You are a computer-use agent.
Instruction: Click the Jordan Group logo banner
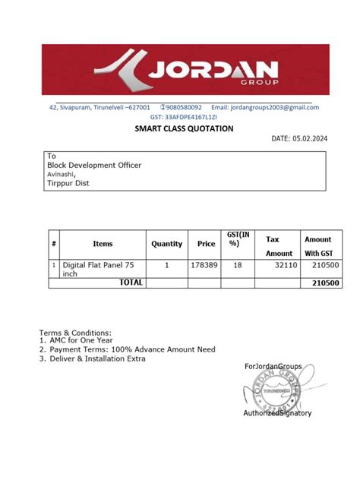click(x=180, y=70)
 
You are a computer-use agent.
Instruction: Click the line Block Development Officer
click(x=94, y=165)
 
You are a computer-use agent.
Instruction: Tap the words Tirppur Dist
click(x=69, y=183)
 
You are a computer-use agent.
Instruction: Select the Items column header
click(x=103, y=244)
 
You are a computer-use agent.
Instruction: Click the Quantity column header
click(x=167, y=244)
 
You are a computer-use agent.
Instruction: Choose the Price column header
click(x=206, y=244)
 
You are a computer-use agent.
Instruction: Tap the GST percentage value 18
click(x=238, y=266)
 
